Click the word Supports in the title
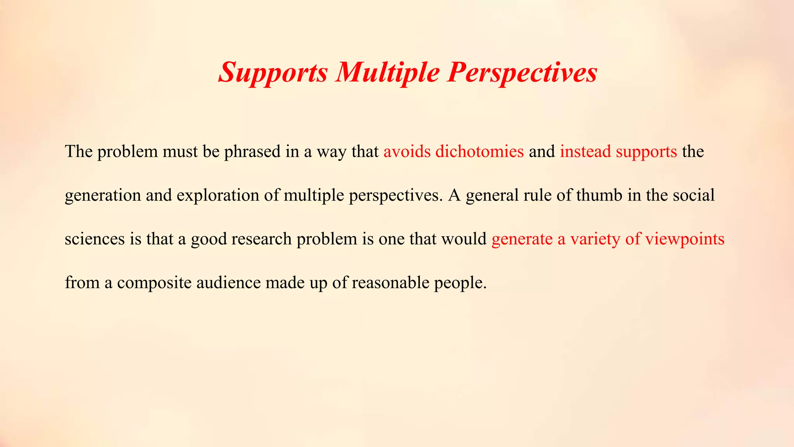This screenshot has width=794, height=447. [x=274, y=73]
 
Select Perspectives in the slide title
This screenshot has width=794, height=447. [x=522, y=73]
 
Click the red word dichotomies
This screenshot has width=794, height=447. [x=480, y=151]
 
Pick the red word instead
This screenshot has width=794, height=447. [x=585, y=151]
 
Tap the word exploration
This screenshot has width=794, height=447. [x=218, y=195]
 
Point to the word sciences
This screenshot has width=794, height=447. [x=95, y=239]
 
